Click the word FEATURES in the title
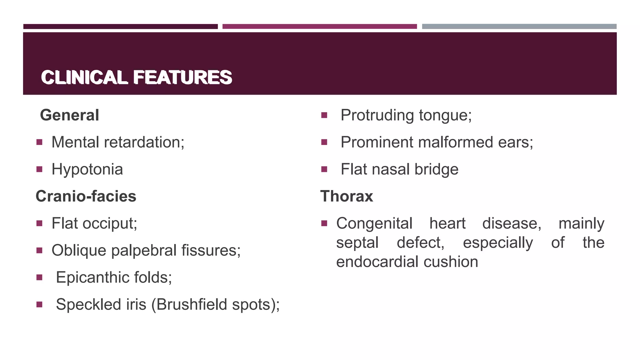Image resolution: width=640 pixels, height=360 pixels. click(x=182, y=77)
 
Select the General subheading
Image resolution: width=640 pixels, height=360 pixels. click(x=69, y=115)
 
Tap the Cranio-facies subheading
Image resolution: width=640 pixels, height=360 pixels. click(x=86, y=196)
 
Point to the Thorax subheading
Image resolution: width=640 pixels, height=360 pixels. click(x=347, y=196)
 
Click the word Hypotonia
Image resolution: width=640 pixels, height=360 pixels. click(x=87, y=169)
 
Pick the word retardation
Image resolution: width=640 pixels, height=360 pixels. click(x=144, y=142)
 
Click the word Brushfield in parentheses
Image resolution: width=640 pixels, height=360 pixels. click(x=192, y=304)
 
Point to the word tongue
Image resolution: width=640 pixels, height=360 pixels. click(x=445, y=116)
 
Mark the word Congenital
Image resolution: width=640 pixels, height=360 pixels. click(x=374, y=223)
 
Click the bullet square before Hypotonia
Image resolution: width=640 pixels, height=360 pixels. click(x=39, y=169)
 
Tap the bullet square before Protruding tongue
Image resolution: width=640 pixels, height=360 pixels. click(x=324, y=115)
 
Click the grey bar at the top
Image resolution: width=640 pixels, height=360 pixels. click(x=519, y=27)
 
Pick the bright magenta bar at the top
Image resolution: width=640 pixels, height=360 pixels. click(x=319, y=27)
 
